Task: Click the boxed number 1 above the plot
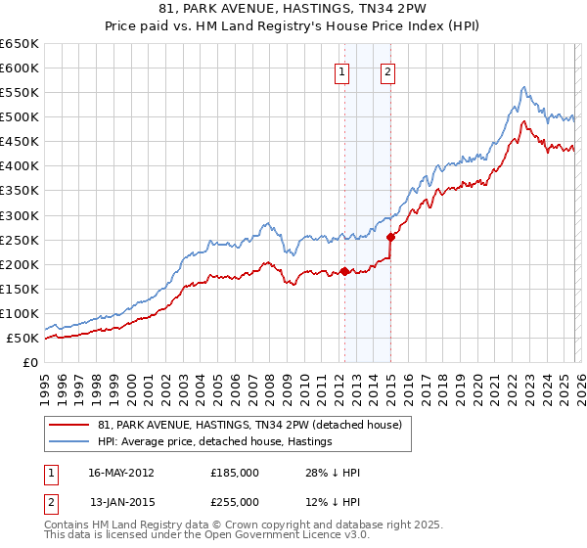[x=342, y=70]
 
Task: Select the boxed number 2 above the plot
[x=388, y=70]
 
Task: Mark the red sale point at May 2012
[x=344, y=271]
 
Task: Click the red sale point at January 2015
[x=390, y=237]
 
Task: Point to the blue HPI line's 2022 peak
[x=524, y=87]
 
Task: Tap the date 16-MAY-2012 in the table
[x=121, y=473]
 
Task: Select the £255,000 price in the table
[x=235, y=502]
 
